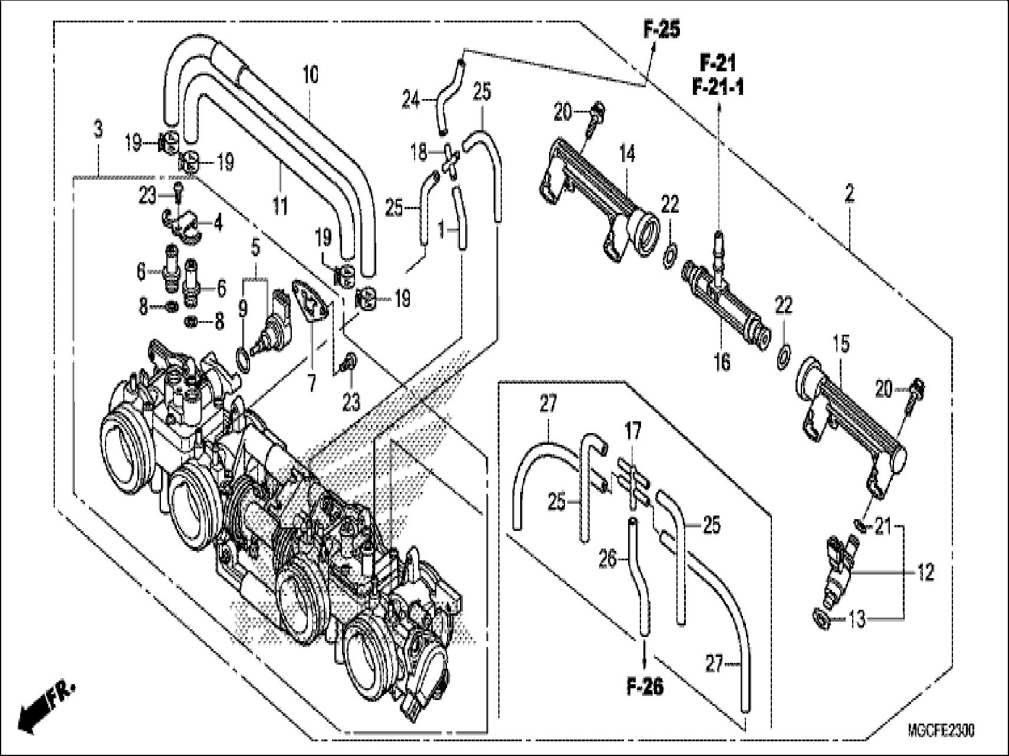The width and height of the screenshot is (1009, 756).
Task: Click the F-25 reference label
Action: pos(660,30)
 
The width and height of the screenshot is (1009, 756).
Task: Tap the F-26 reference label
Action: pos(645,686)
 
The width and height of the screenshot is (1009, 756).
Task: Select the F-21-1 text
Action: pos(718,88)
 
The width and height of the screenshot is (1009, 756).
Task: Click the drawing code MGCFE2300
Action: pos(941,731)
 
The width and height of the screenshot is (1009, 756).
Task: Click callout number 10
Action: pos(310,75)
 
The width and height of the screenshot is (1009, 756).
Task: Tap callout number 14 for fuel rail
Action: pos(627,155)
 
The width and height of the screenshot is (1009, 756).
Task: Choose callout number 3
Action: pos(98,130)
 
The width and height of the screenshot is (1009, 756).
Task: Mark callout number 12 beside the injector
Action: pos(926,572)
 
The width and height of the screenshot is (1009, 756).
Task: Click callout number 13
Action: pos(858,619)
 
